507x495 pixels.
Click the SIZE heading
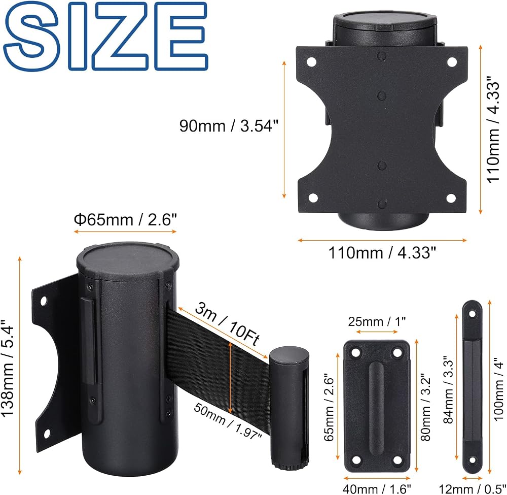[105, 36]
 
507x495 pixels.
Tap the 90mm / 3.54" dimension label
[229, 125]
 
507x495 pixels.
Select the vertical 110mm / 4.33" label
[493, 129]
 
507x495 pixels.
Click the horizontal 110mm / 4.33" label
[382, 252]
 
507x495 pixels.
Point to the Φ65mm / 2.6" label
[125, 220]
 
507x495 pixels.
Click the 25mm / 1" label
[377, 321]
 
